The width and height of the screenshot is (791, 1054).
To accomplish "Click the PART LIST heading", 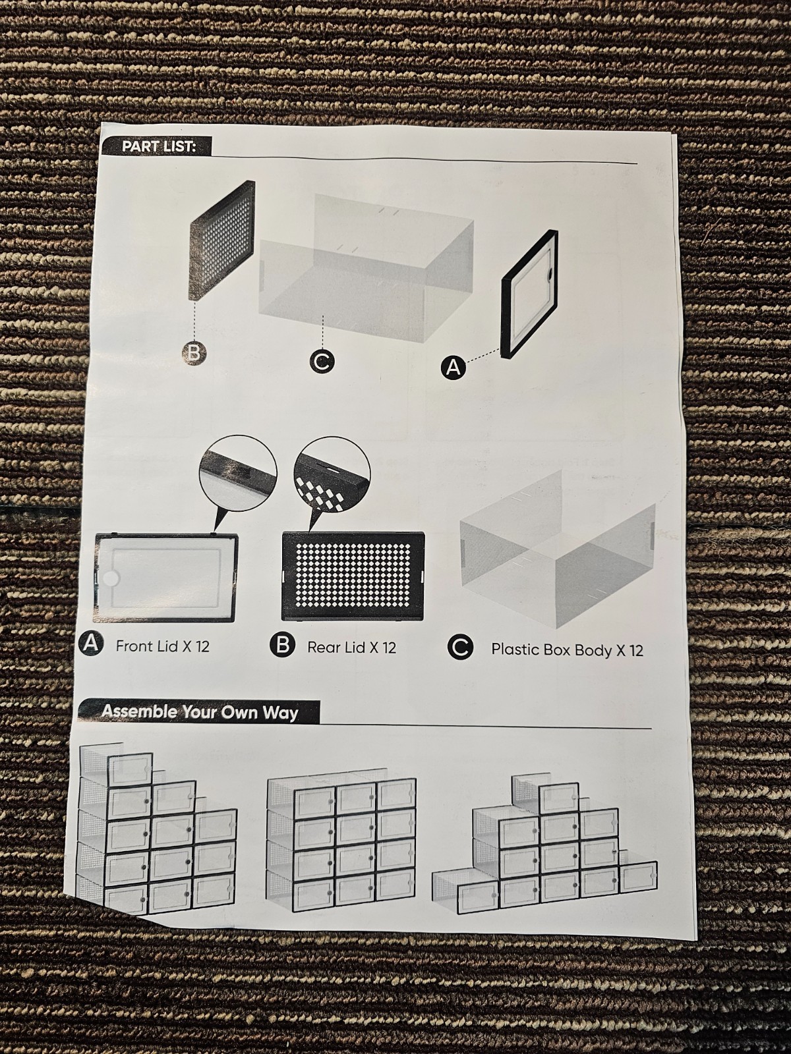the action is coord(159,146).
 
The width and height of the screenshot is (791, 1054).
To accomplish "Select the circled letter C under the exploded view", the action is coord(322,362).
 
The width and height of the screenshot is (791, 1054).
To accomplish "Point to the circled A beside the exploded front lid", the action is coord(454,368).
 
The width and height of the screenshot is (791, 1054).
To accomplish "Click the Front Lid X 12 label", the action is coord(162,646).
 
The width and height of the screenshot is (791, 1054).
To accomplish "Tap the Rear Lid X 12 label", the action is coord(351,648).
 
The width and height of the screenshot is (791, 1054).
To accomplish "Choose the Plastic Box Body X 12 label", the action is coord(567,650).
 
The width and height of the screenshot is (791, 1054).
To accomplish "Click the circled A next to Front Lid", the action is coord(91,644).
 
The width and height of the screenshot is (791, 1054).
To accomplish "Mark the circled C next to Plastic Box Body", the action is coord(460,648).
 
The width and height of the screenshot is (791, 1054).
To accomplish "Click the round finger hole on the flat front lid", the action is coord(111,579).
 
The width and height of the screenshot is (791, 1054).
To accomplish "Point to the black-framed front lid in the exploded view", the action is coord(529,294).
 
